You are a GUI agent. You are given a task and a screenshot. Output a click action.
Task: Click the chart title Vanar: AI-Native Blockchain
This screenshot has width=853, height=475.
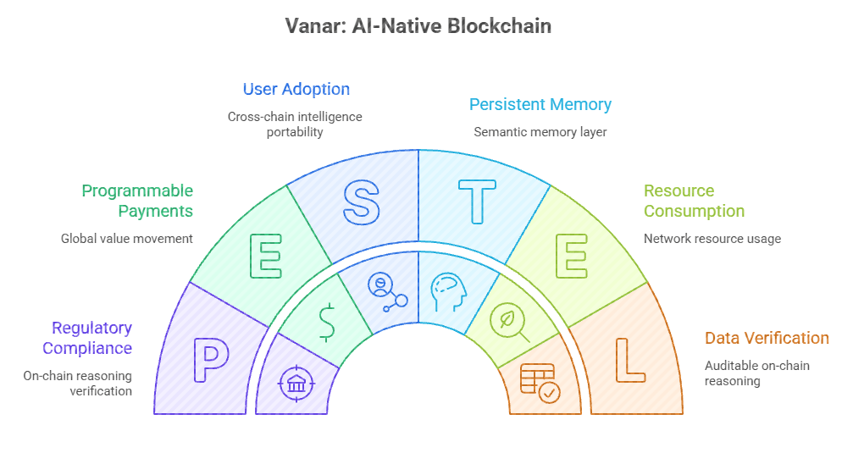418,26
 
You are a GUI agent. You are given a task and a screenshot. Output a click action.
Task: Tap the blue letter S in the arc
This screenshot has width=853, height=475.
361,202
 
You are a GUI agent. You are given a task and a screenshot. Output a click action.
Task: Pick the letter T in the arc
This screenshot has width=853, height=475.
477,202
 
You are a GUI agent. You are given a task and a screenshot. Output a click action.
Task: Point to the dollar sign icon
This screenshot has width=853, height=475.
326,322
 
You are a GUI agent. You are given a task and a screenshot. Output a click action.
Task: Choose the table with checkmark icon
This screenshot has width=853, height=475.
540,383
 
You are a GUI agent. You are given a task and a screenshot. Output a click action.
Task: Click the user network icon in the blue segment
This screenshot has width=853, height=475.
387,292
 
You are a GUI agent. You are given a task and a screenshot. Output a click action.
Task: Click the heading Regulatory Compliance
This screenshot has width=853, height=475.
87,338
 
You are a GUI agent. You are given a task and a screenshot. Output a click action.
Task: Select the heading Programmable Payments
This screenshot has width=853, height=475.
137,201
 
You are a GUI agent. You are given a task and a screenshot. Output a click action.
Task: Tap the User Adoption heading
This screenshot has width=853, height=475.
296,89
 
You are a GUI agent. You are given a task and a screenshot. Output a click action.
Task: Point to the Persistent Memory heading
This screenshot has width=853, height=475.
540,105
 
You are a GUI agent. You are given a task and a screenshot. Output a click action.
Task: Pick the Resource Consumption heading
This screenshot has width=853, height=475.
694,201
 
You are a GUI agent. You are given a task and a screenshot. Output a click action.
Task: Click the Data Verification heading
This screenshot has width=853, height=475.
767,338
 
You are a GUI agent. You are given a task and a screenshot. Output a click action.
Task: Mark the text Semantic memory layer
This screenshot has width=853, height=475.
540,132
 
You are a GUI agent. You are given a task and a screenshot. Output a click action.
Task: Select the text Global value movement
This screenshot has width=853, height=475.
127,239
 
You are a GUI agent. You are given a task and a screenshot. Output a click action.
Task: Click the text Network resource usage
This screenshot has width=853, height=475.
712,239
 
